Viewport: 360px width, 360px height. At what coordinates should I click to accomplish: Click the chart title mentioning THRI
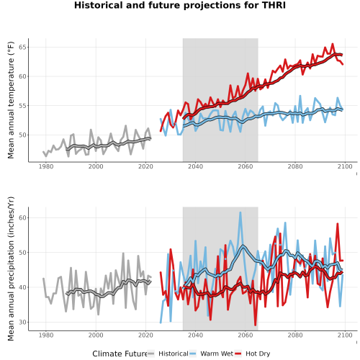click(180, 5)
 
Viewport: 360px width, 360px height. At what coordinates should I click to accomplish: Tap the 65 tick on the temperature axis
click(22, 47)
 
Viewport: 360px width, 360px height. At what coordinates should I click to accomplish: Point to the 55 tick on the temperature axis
click(22, 106)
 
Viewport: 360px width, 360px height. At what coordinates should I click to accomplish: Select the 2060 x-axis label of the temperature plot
click(246, 166)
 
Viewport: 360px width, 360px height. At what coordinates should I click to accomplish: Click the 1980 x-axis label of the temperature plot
click(46, 166)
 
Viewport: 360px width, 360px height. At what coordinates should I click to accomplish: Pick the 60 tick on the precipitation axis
click(22, 217)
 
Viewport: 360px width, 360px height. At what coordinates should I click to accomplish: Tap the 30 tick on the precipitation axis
click(22, 322)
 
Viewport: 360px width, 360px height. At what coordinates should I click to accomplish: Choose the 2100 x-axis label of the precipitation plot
click(345, 335)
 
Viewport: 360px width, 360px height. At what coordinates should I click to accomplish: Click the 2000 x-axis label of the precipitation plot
click(96, 335)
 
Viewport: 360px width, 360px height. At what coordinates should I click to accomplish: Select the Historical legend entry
click(168, 354)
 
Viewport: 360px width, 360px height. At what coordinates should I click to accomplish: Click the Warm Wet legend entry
click(211, 354)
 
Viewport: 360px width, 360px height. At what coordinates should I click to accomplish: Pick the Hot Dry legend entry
click(252, 354)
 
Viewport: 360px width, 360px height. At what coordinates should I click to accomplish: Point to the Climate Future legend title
click(120, 354)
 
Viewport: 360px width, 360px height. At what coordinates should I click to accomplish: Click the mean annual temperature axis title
click(11, 100)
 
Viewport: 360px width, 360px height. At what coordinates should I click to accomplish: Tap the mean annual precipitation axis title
click(11, 269)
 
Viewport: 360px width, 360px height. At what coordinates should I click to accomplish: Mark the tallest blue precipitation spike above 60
click(240, 212)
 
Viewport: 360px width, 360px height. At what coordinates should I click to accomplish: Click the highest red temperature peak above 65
click(333, 44)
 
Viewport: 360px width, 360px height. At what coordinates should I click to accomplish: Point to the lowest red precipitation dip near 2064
click(255, 325)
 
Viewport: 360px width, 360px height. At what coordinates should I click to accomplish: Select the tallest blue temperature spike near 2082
click(300, 96)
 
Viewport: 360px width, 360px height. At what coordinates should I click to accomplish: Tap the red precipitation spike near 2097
click(338, 224)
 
